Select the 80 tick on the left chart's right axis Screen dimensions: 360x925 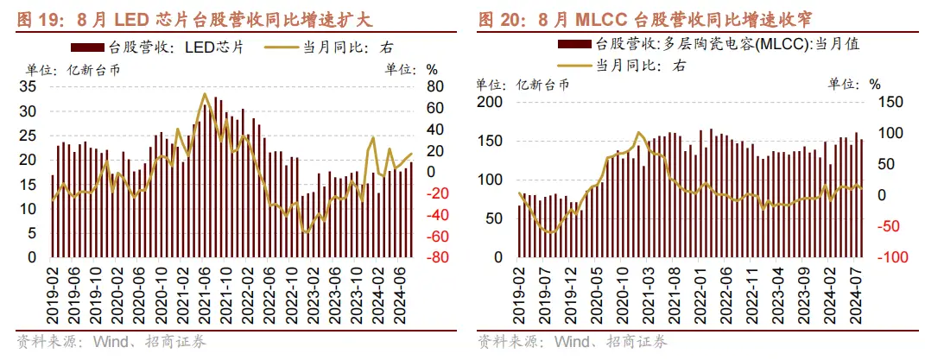tap(434, 87)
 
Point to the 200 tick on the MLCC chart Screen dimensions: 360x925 tap(490, 102)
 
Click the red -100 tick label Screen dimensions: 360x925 tap(877, 257)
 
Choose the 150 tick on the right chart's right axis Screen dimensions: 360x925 tap(877, 102)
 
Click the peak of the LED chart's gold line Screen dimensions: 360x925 tap(205, 94)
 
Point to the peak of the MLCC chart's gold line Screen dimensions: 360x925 tap(638, 133)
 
